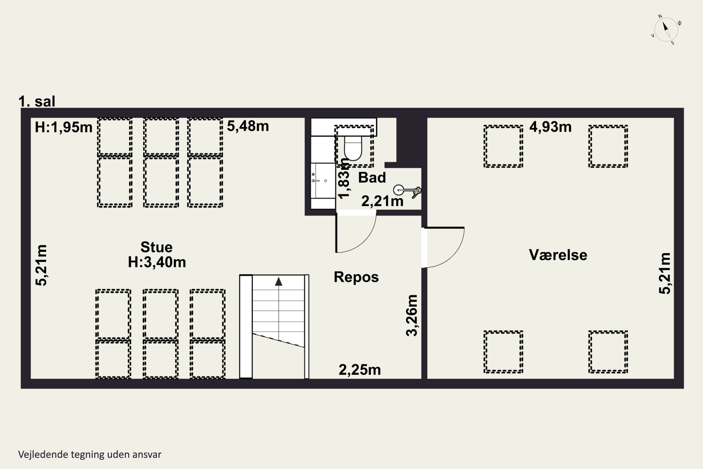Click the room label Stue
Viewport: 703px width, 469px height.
click(156, 247)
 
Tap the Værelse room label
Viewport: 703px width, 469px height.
click(558, 255)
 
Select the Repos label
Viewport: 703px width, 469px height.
click(356, 277)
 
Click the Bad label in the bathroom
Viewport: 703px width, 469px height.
click(372, 178)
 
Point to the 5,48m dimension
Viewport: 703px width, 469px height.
click(248, 126)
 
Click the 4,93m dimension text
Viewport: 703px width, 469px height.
click(550, 127)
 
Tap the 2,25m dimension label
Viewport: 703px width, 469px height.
click(359, 370)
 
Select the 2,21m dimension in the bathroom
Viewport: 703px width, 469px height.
click(382, 201)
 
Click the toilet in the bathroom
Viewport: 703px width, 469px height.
click(353, 148)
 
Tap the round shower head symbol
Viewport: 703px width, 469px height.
click(398, 190)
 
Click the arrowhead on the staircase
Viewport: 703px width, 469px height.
click(279, 281)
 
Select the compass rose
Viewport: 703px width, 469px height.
click(666, 30)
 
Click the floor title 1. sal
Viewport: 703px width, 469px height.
click(37, 101)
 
